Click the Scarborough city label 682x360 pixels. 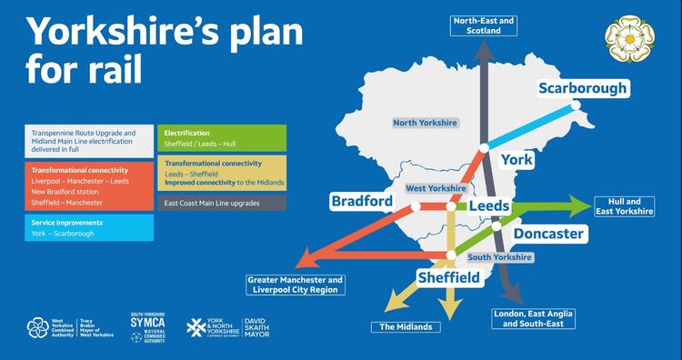click(x=583, y=88)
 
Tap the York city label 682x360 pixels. click(x=517, y=160)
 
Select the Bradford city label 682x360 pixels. click(x=362, y=201)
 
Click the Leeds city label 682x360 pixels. click(x=489, y=206)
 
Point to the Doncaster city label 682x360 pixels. click(x=548, y=234)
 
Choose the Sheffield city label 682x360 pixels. click(x=448, y=275)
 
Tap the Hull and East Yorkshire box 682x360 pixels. click(x=624, y=206)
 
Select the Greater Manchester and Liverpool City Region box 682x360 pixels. click(x=296, y=285)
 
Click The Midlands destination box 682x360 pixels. click(x=406, y=326)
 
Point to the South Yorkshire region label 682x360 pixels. click(x=499, y=258)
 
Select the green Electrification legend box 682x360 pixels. click(x=210, y=137)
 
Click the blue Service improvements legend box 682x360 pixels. click(x=90, y=227)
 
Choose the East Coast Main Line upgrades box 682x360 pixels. click(x=210, y=203)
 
